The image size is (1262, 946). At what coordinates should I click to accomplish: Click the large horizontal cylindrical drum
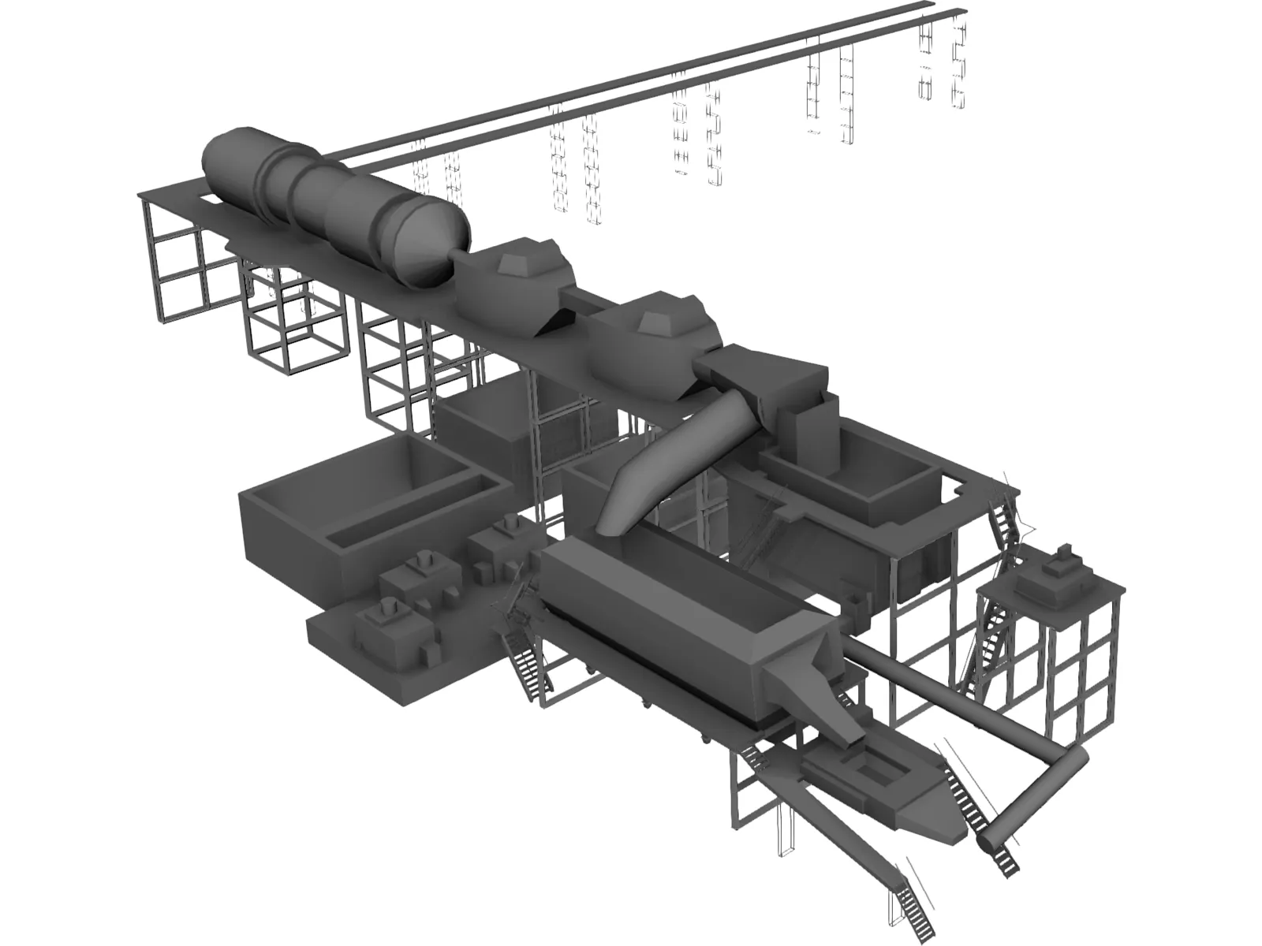[315, 193]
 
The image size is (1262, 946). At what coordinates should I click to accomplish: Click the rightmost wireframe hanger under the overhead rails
[960, 63]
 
